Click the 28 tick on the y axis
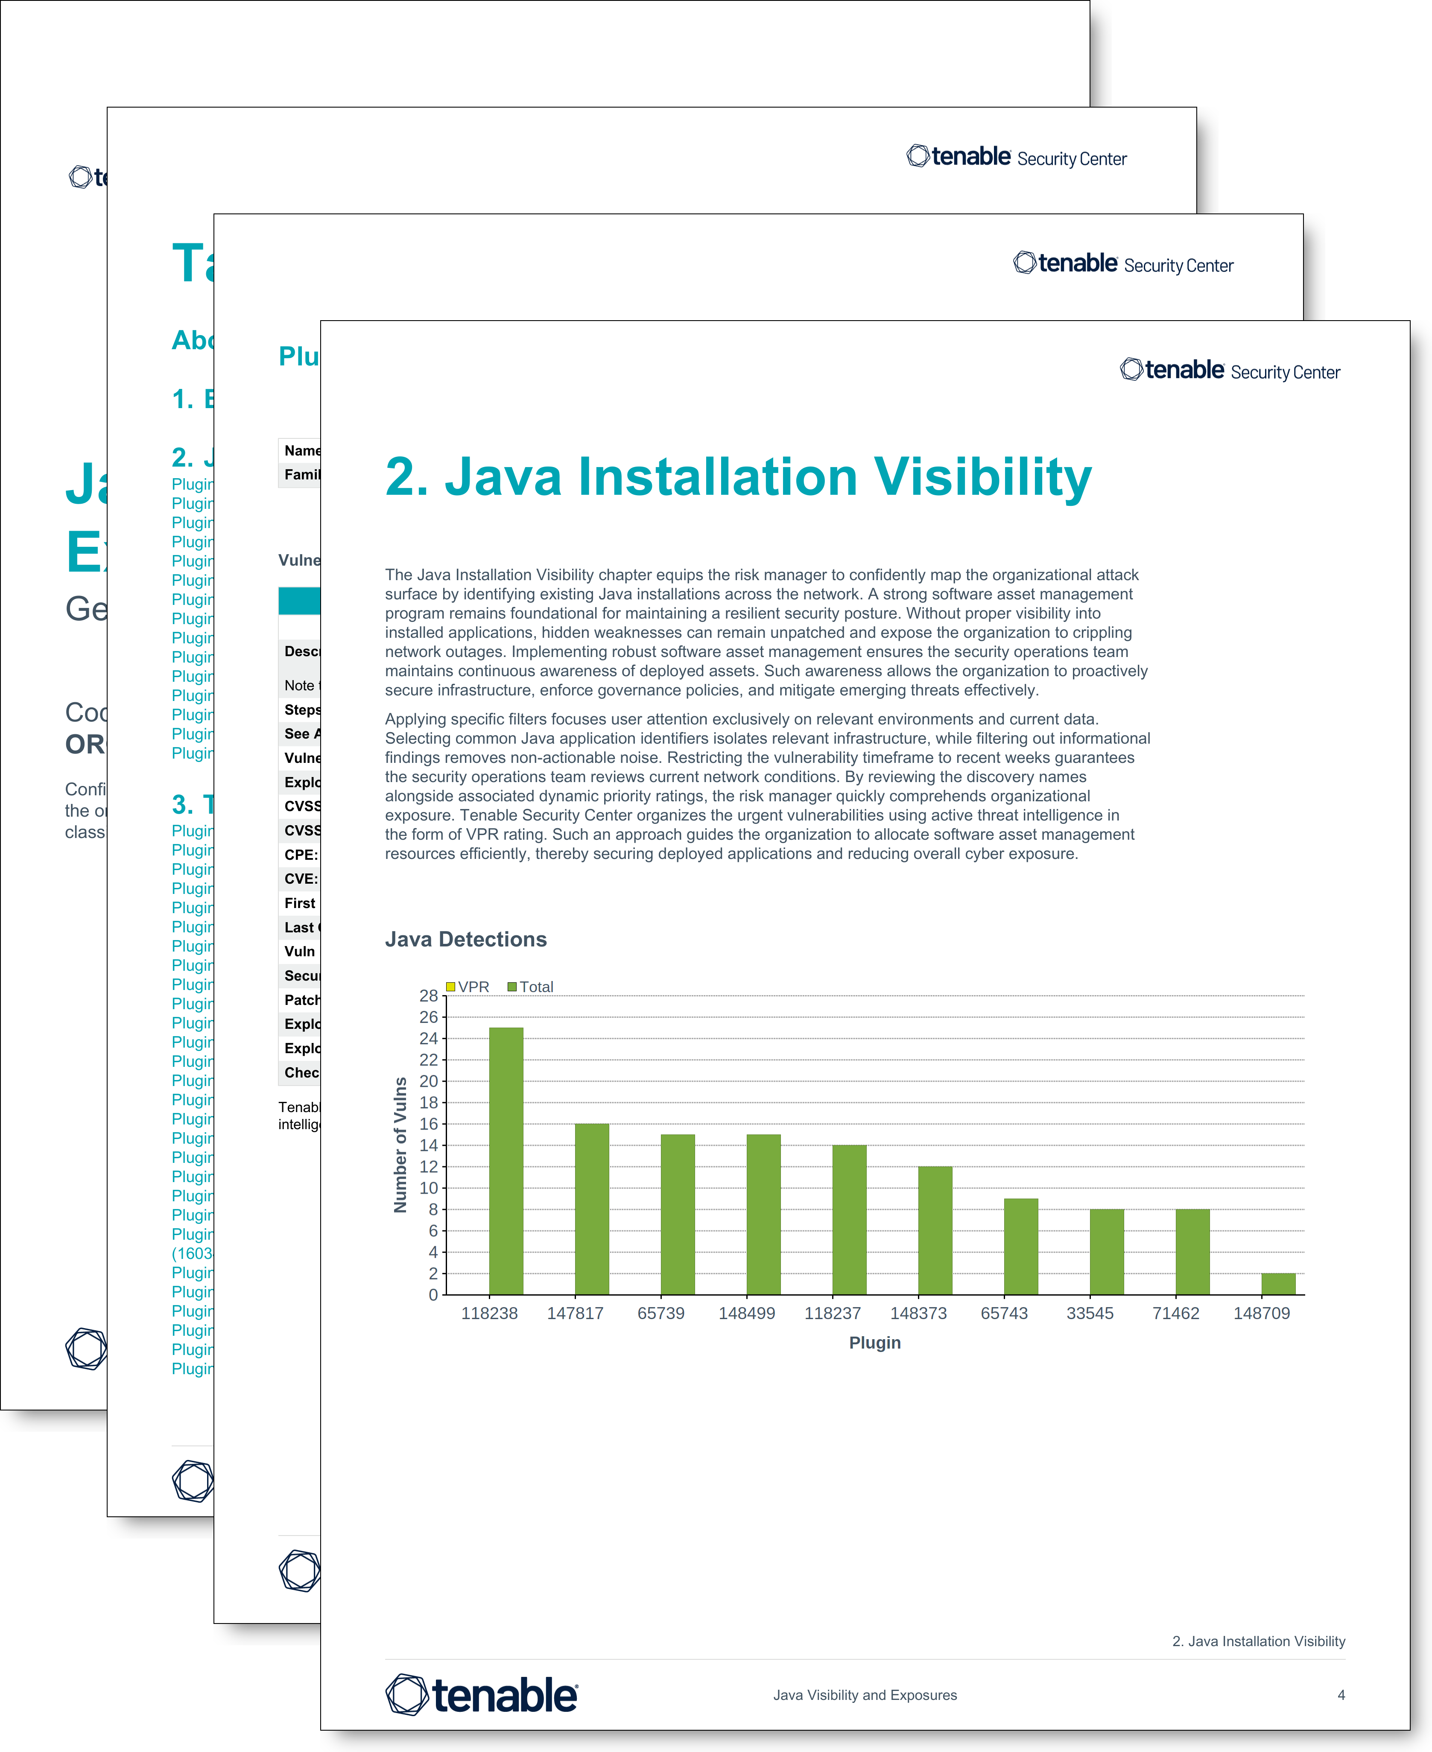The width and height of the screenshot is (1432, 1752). click(428, 996)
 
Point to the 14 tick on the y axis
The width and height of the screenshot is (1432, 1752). click(428, 1145)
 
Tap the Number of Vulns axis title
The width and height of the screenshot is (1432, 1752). click(401, 1145)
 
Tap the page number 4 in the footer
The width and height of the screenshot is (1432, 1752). click(1341, 1695)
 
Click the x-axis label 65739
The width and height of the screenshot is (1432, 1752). click(661, 1313)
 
